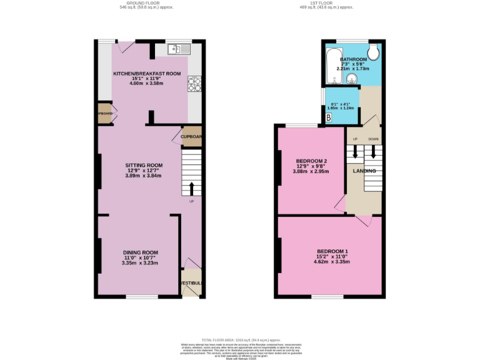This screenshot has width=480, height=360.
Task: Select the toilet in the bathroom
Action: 374,51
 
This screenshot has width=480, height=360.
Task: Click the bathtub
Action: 332,65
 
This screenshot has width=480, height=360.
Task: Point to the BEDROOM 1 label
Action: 332,251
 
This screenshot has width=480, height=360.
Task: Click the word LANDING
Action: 364,171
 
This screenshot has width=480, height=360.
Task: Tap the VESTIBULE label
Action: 191,283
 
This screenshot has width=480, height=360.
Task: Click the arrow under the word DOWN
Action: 374,152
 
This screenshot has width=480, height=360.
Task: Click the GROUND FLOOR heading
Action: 146,3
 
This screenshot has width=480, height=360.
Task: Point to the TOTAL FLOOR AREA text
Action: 241,338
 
